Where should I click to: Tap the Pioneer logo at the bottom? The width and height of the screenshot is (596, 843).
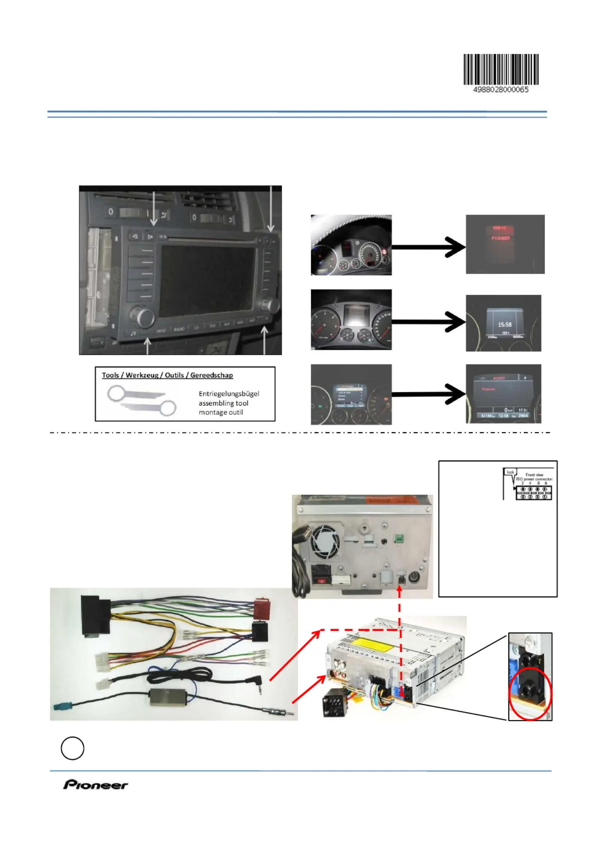(x=95, y=784)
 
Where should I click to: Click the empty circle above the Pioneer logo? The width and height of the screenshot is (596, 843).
(x=72, y=748)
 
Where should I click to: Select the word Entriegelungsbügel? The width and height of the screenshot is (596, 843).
(x=229, y=394)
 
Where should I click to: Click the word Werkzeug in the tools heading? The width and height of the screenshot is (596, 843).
(x=142, y=375)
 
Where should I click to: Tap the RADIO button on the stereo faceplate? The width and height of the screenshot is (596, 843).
(x=179, y=329)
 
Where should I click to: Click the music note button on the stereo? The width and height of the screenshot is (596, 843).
(x=133, y=333)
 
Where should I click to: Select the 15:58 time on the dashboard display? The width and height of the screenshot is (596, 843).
(x=504, y=324)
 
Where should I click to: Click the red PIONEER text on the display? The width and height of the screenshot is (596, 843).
(x=501, y=238)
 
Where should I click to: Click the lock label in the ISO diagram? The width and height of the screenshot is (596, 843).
(x=510, y=472)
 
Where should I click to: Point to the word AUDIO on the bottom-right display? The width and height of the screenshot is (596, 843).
(x=498, y=378)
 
